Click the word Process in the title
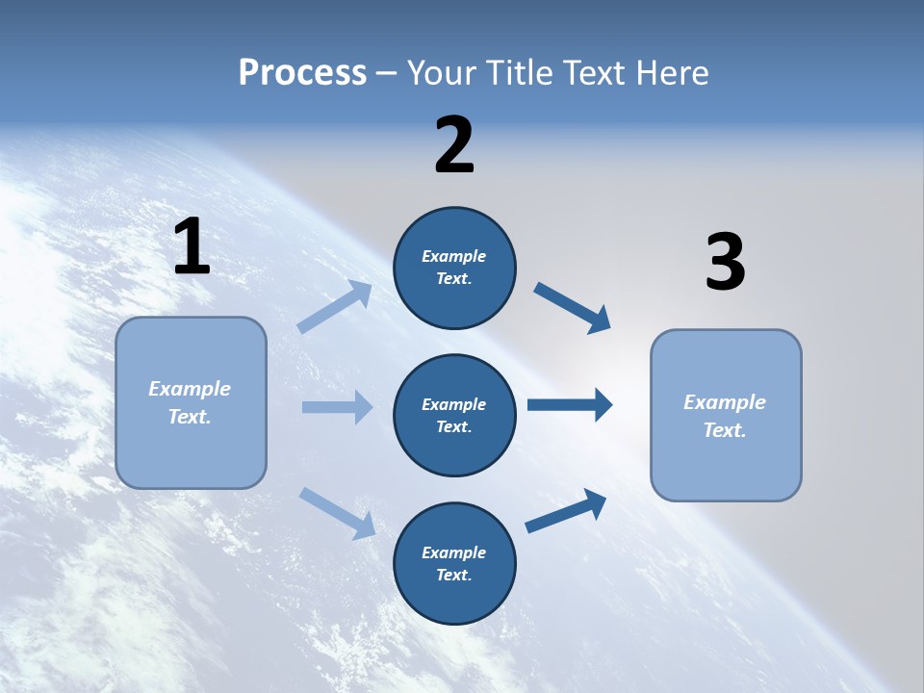click(302, 73)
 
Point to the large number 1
click(192, 247)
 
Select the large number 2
click(454, 145)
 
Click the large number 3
click(725, 263)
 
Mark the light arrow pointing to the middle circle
click(337, 407)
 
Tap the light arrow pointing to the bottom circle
click(337, 513)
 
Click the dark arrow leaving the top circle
click(573, 308)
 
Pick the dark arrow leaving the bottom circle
click(566, 511)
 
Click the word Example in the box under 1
click(190, 389)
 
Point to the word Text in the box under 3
click(724, 430)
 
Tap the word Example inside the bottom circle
click(454, 552)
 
